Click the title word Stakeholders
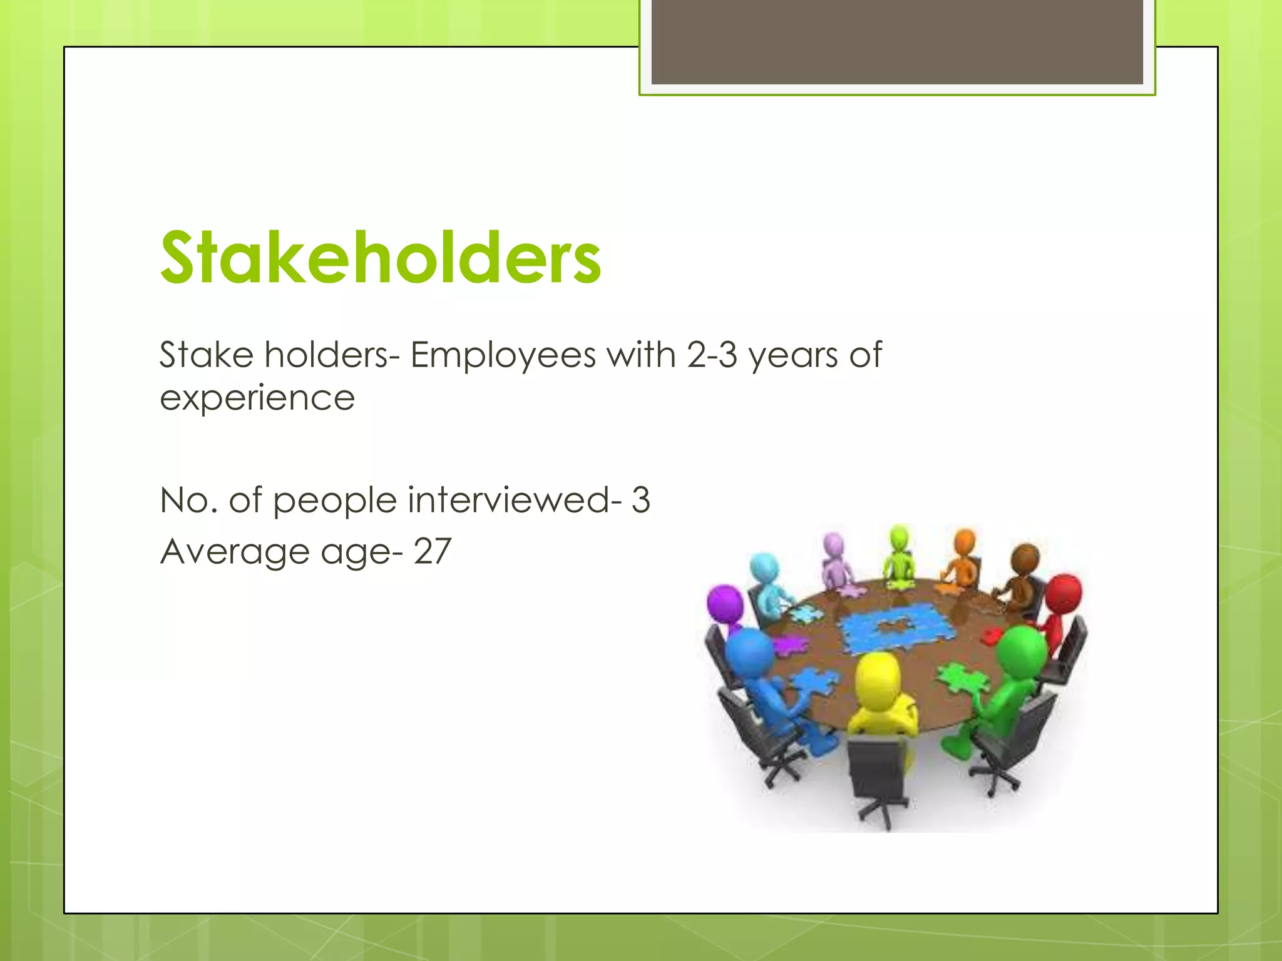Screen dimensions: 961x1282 pos(380,258)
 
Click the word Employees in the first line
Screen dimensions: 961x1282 pos(503,355)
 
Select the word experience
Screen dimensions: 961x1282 pos(257,399)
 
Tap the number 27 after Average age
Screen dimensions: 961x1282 pos(432,552)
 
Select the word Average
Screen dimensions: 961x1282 pos(235,552)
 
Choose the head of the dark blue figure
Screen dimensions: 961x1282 pos(749,651)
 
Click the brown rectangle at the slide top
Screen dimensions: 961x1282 pos(896,42)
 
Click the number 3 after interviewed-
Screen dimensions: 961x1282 pos(640,501)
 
